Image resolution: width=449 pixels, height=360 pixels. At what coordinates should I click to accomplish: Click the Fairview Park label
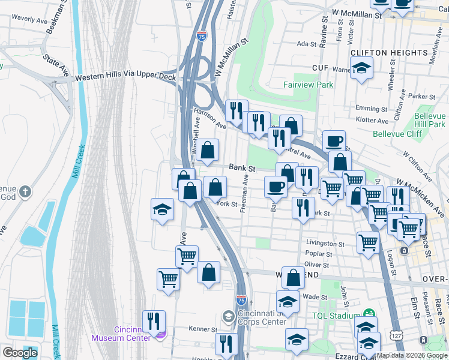(x=308, y=85)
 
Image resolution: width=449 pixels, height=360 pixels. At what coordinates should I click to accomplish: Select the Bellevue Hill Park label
(x=421, y=120)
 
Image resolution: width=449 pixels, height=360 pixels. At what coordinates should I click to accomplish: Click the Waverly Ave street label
(x=29, y=20)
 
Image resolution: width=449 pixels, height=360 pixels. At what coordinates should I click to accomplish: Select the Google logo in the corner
(x=20, y=353)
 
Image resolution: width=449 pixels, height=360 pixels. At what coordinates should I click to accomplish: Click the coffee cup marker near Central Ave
(x=334, y=142)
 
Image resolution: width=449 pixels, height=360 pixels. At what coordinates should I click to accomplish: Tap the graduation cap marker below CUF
(x=361, y=68)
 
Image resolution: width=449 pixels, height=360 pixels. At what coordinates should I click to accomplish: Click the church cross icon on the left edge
(x=25, y=191)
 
